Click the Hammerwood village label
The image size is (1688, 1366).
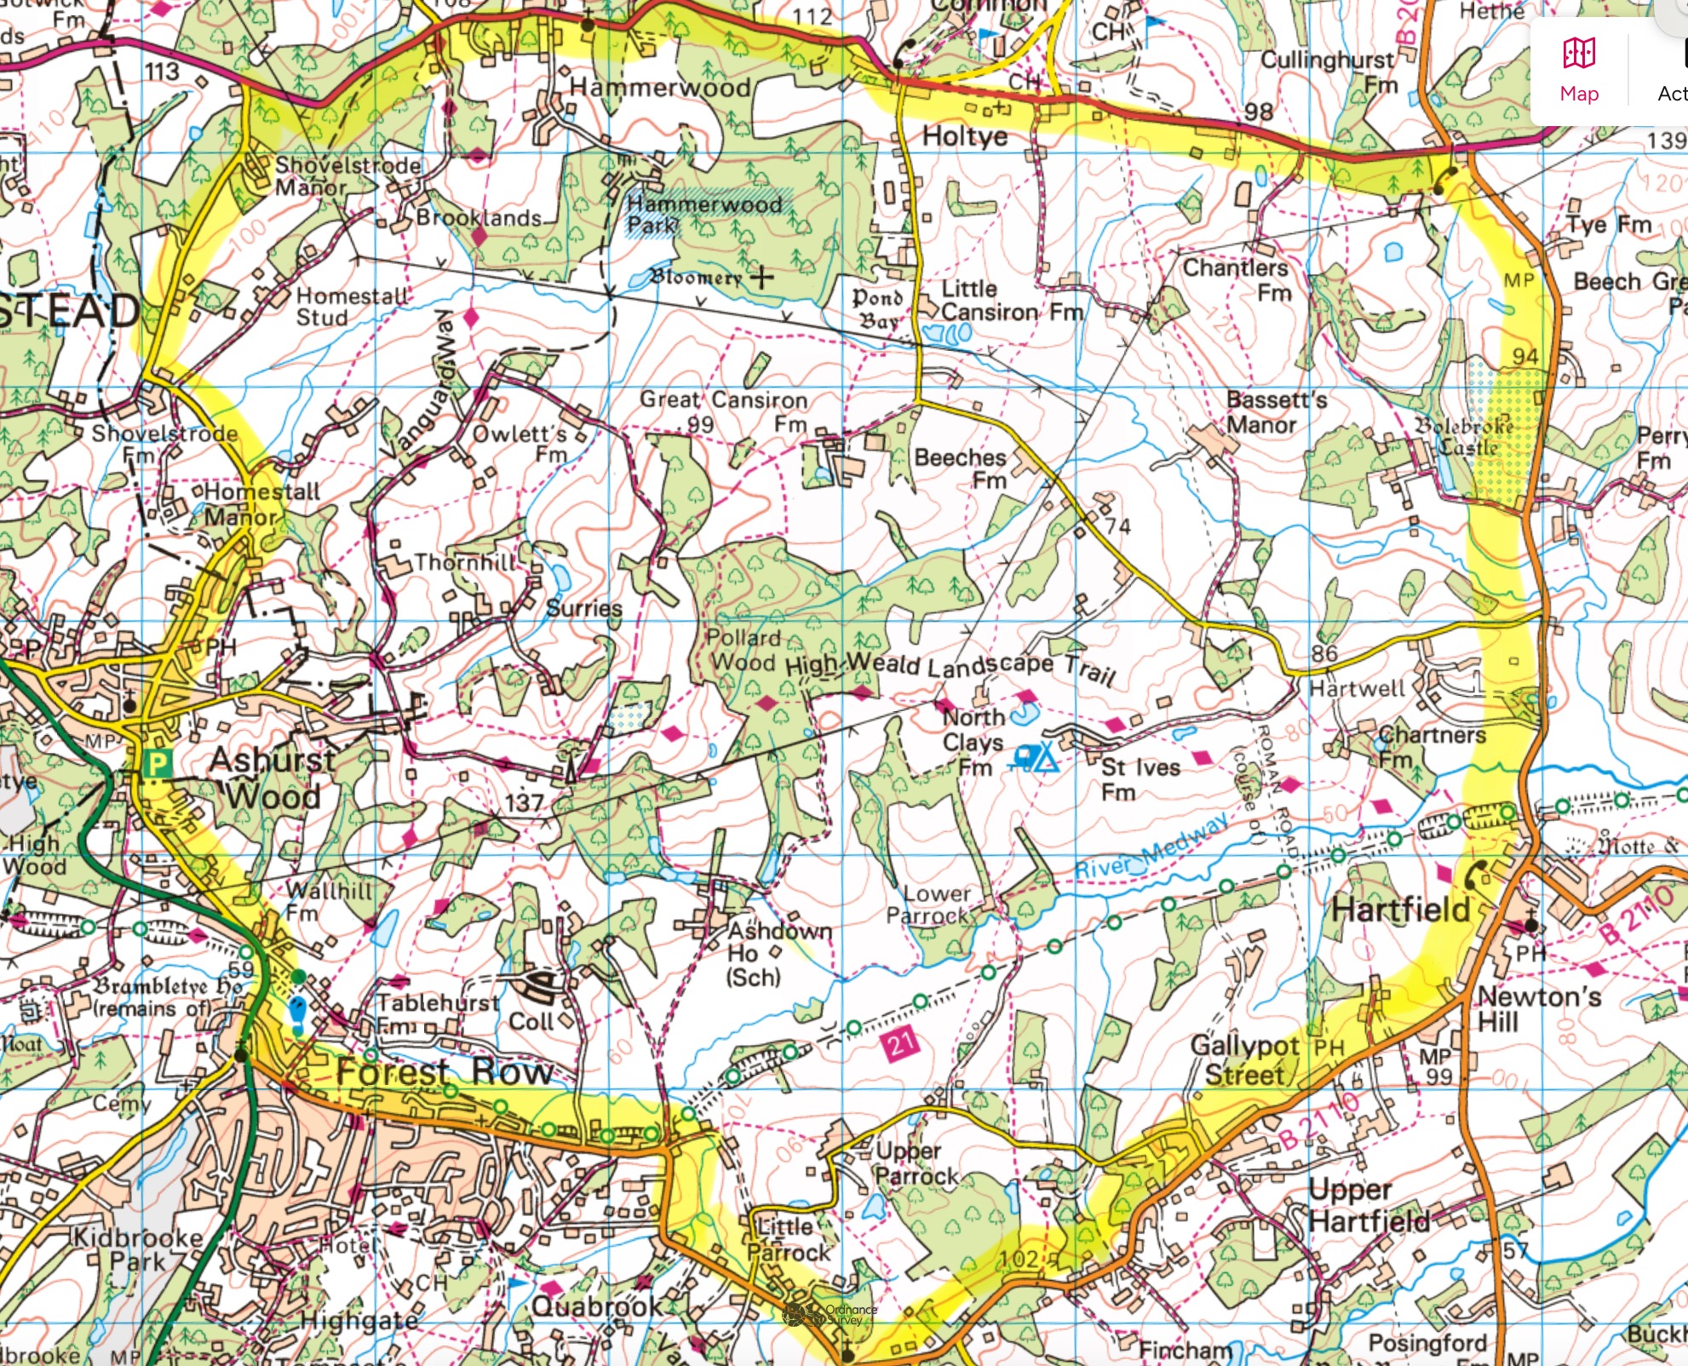(660, 88)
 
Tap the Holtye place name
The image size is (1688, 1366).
(964, 136)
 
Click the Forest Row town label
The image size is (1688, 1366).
(445, 1071)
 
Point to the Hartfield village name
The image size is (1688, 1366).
(1401, 910)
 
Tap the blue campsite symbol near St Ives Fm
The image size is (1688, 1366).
(1036, 756)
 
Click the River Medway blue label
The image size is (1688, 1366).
(1151, 846)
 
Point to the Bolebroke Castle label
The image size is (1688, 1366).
(1465, 435)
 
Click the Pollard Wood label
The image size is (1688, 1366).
(744, 650)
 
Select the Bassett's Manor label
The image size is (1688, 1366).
(1276, 411)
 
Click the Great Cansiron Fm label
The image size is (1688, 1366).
(724, 410)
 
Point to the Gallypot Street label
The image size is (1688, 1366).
(1244, 1059)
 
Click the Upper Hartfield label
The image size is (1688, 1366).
(1369, 1206)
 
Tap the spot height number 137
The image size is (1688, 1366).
(524, 802)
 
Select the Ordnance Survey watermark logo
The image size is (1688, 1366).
(830, 1314)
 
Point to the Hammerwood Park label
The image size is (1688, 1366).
(703, 214)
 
